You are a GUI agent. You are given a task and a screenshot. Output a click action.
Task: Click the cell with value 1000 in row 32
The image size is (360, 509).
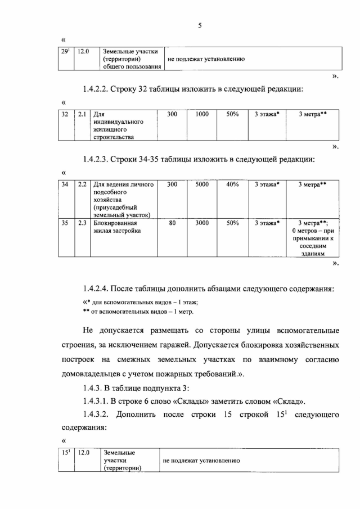point(202,114)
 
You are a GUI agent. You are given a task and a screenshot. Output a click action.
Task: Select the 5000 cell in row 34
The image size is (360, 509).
point(202,184)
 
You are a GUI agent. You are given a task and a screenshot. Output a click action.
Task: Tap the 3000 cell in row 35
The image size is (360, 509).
point(202,223)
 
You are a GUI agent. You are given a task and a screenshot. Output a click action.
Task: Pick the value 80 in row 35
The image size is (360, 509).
point(173,223)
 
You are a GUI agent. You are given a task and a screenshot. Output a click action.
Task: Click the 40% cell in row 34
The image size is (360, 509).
point(232,184)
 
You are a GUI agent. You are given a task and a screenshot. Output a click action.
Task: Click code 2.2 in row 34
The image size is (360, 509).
point(82,184)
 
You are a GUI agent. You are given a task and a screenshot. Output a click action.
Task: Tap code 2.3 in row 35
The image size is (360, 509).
point(82,223)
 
